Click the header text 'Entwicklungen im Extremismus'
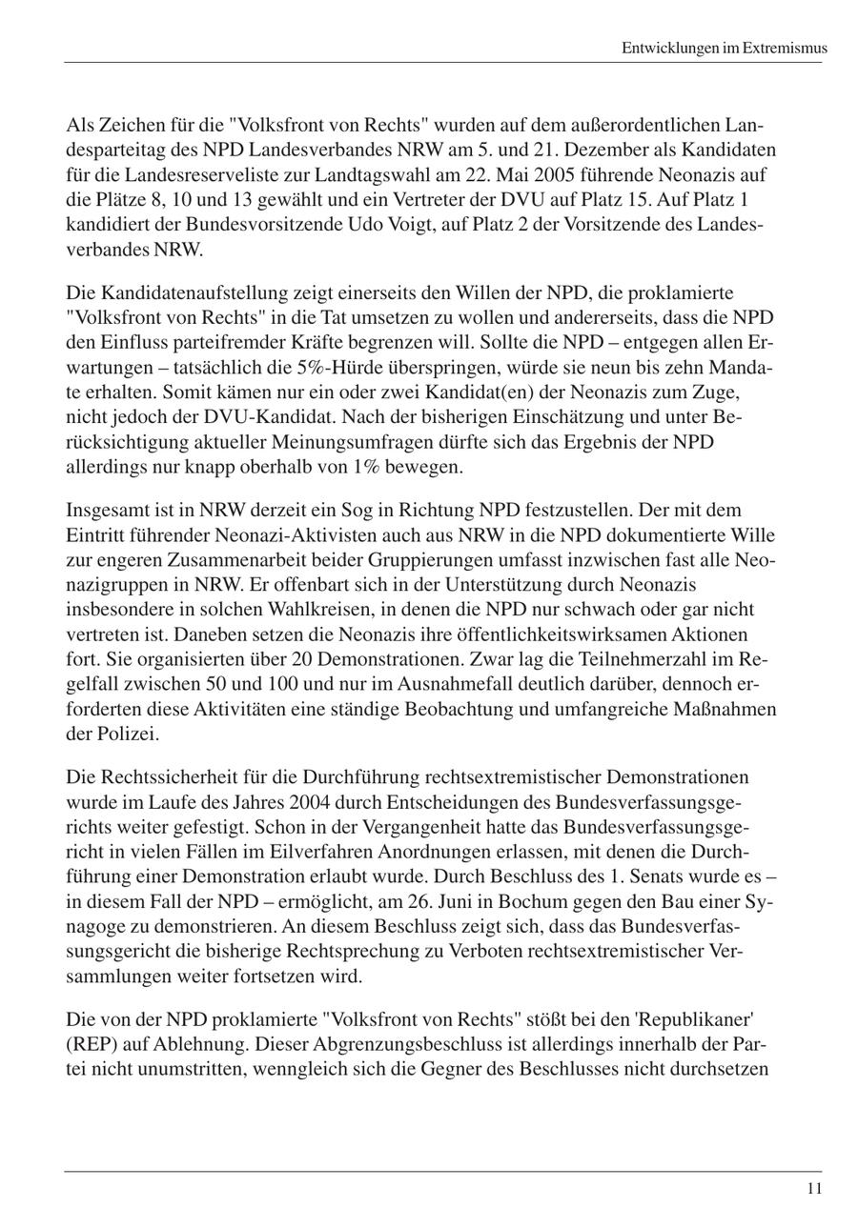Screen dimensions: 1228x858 click(724, 48)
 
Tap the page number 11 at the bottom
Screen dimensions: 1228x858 click(813, 1188)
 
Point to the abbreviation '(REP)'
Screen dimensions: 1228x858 click(92, 1044)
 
